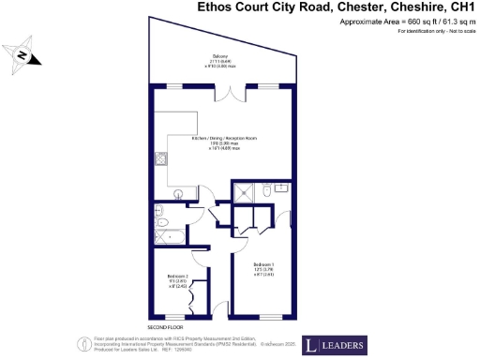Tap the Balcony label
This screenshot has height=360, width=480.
pyautogui.click(x=221, y=58)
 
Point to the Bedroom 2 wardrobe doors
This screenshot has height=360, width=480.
pyautogui.click(x=193, y=299)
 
